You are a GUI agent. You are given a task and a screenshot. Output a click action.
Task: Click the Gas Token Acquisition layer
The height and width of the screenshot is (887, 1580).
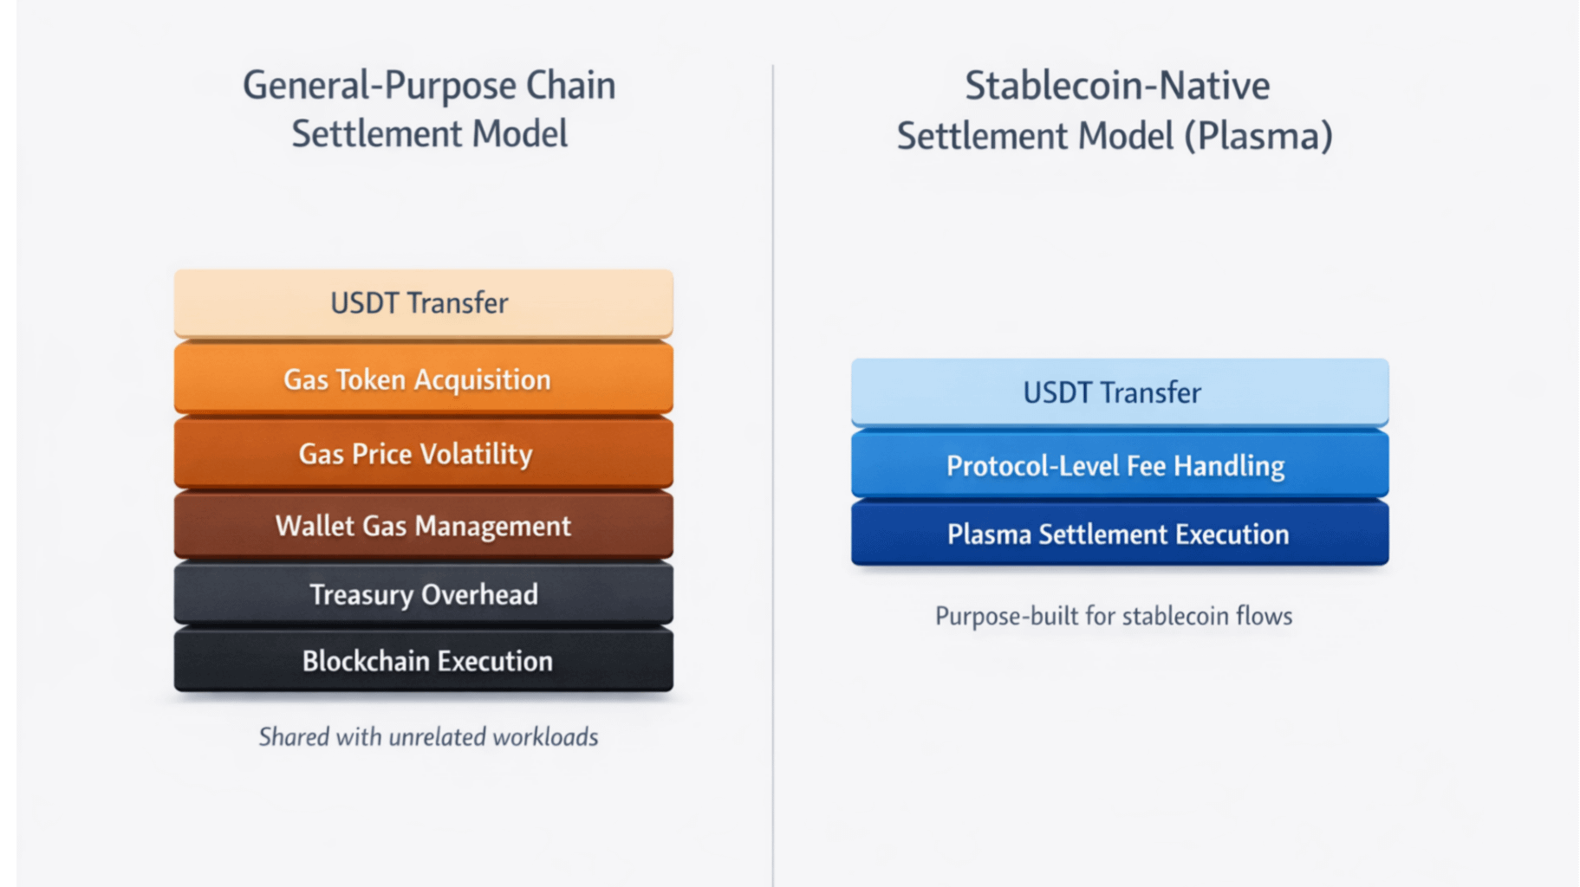423,379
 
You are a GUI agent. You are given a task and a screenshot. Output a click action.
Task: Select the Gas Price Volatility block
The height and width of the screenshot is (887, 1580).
423,454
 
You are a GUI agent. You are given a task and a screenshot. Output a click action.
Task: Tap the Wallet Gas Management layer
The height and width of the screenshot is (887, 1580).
423,526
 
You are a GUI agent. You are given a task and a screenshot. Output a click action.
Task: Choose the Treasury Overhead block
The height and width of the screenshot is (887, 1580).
423,594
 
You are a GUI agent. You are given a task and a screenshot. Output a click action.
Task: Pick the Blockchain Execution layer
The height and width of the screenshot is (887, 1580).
423,661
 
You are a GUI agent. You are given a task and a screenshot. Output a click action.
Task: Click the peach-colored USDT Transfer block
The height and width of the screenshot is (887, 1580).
423,303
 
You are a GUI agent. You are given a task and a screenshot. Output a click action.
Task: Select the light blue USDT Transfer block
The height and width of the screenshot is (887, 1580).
1119,392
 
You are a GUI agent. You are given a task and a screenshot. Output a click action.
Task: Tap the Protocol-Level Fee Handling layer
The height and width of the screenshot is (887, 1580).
1119,466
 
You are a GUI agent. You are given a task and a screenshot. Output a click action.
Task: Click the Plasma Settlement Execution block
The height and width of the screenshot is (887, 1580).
1119,534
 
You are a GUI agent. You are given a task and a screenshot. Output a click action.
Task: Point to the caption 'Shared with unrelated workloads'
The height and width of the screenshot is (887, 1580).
428,737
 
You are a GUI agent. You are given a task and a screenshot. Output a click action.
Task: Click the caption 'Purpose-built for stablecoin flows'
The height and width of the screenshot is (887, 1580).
1114,616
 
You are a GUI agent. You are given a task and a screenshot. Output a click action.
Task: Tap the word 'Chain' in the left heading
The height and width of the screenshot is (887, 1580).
570,86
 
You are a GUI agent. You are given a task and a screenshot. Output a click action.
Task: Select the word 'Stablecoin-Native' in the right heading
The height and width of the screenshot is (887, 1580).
1117,86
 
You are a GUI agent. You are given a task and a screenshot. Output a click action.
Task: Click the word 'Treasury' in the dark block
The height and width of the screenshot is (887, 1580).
361,595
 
